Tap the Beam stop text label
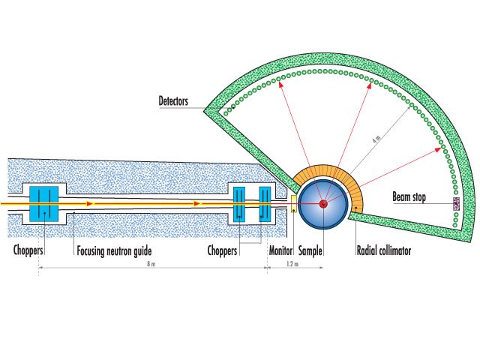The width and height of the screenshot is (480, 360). (409, 197)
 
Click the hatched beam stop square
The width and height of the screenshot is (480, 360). (455, 203)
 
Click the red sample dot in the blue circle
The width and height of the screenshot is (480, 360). (323, 203)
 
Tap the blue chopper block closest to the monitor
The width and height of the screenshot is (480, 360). (265, 202)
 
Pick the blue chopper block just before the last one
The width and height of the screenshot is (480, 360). (239, 202)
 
